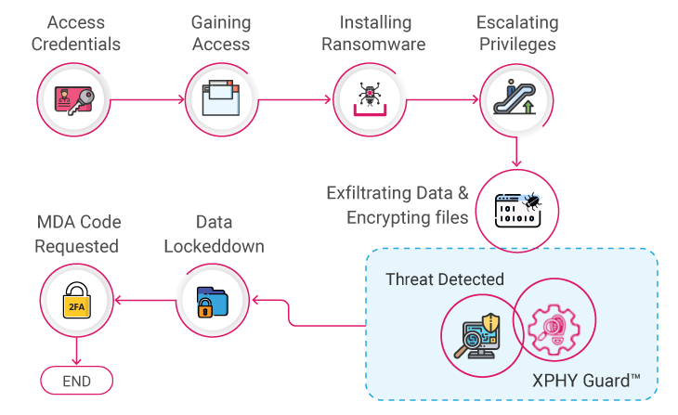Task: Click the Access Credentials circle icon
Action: tap(75, 97)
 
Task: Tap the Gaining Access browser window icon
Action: tap(222, 97)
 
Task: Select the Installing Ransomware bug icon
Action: tap(370, 97)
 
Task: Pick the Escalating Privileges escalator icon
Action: tap(516, 97)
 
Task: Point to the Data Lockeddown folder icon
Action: tap(211, 299)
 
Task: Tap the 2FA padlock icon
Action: tap(75, 299)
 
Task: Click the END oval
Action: tap(76, 381)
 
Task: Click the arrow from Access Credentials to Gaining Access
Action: tap(149, 97)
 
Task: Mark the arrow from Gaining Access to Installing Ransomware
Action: tap(295, 97)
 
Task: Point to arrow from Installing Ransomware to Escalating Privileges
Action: tap(443, 97)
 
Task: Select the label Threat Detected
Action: tap(444, 279)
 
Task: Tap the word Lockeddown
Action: tap(213, 246)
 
